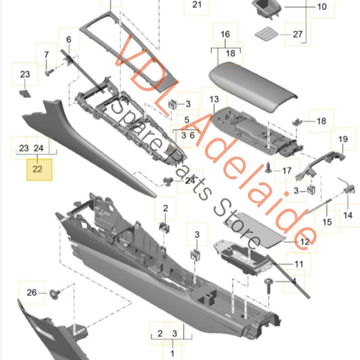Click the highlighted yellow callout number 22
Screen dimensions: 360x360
pos(38,170)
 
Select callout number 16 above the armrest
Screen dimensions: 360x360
pos(225,34)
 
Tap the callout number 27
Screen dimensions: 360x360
pos(298,34)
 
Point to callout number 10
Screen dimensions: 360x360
pos(322,7)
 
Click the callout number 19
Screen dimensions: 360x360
pos(343,139)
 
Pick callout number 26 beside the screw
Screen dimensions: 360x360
pos(32,292)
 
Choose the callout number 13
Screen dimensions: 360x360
pos(214,99)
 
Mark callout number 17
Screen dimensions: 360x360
pos(287,171)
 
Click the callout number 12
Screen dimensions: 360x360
pos(305,242)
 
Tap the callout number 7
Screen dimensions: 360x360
pos(47,55)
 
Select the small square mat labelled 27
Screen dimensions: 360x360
pos(266,34)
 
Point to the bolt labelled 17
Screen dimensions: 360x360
pos(268,168)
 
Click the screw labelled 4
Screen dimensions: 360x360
pos(268,286)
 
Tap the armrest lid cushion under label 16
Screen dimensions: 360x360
pos(253,86)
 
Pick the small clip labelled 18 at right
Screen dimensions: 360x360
pos(297,122)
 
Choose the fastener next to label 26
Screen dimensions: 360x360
pos(55,294)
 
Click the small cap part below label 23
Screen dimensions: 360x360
pos(24,93)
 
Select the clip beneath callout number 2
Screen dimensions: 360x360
pos(164,228)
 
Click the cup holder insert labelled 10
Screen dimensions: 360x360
pos(266,9)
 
